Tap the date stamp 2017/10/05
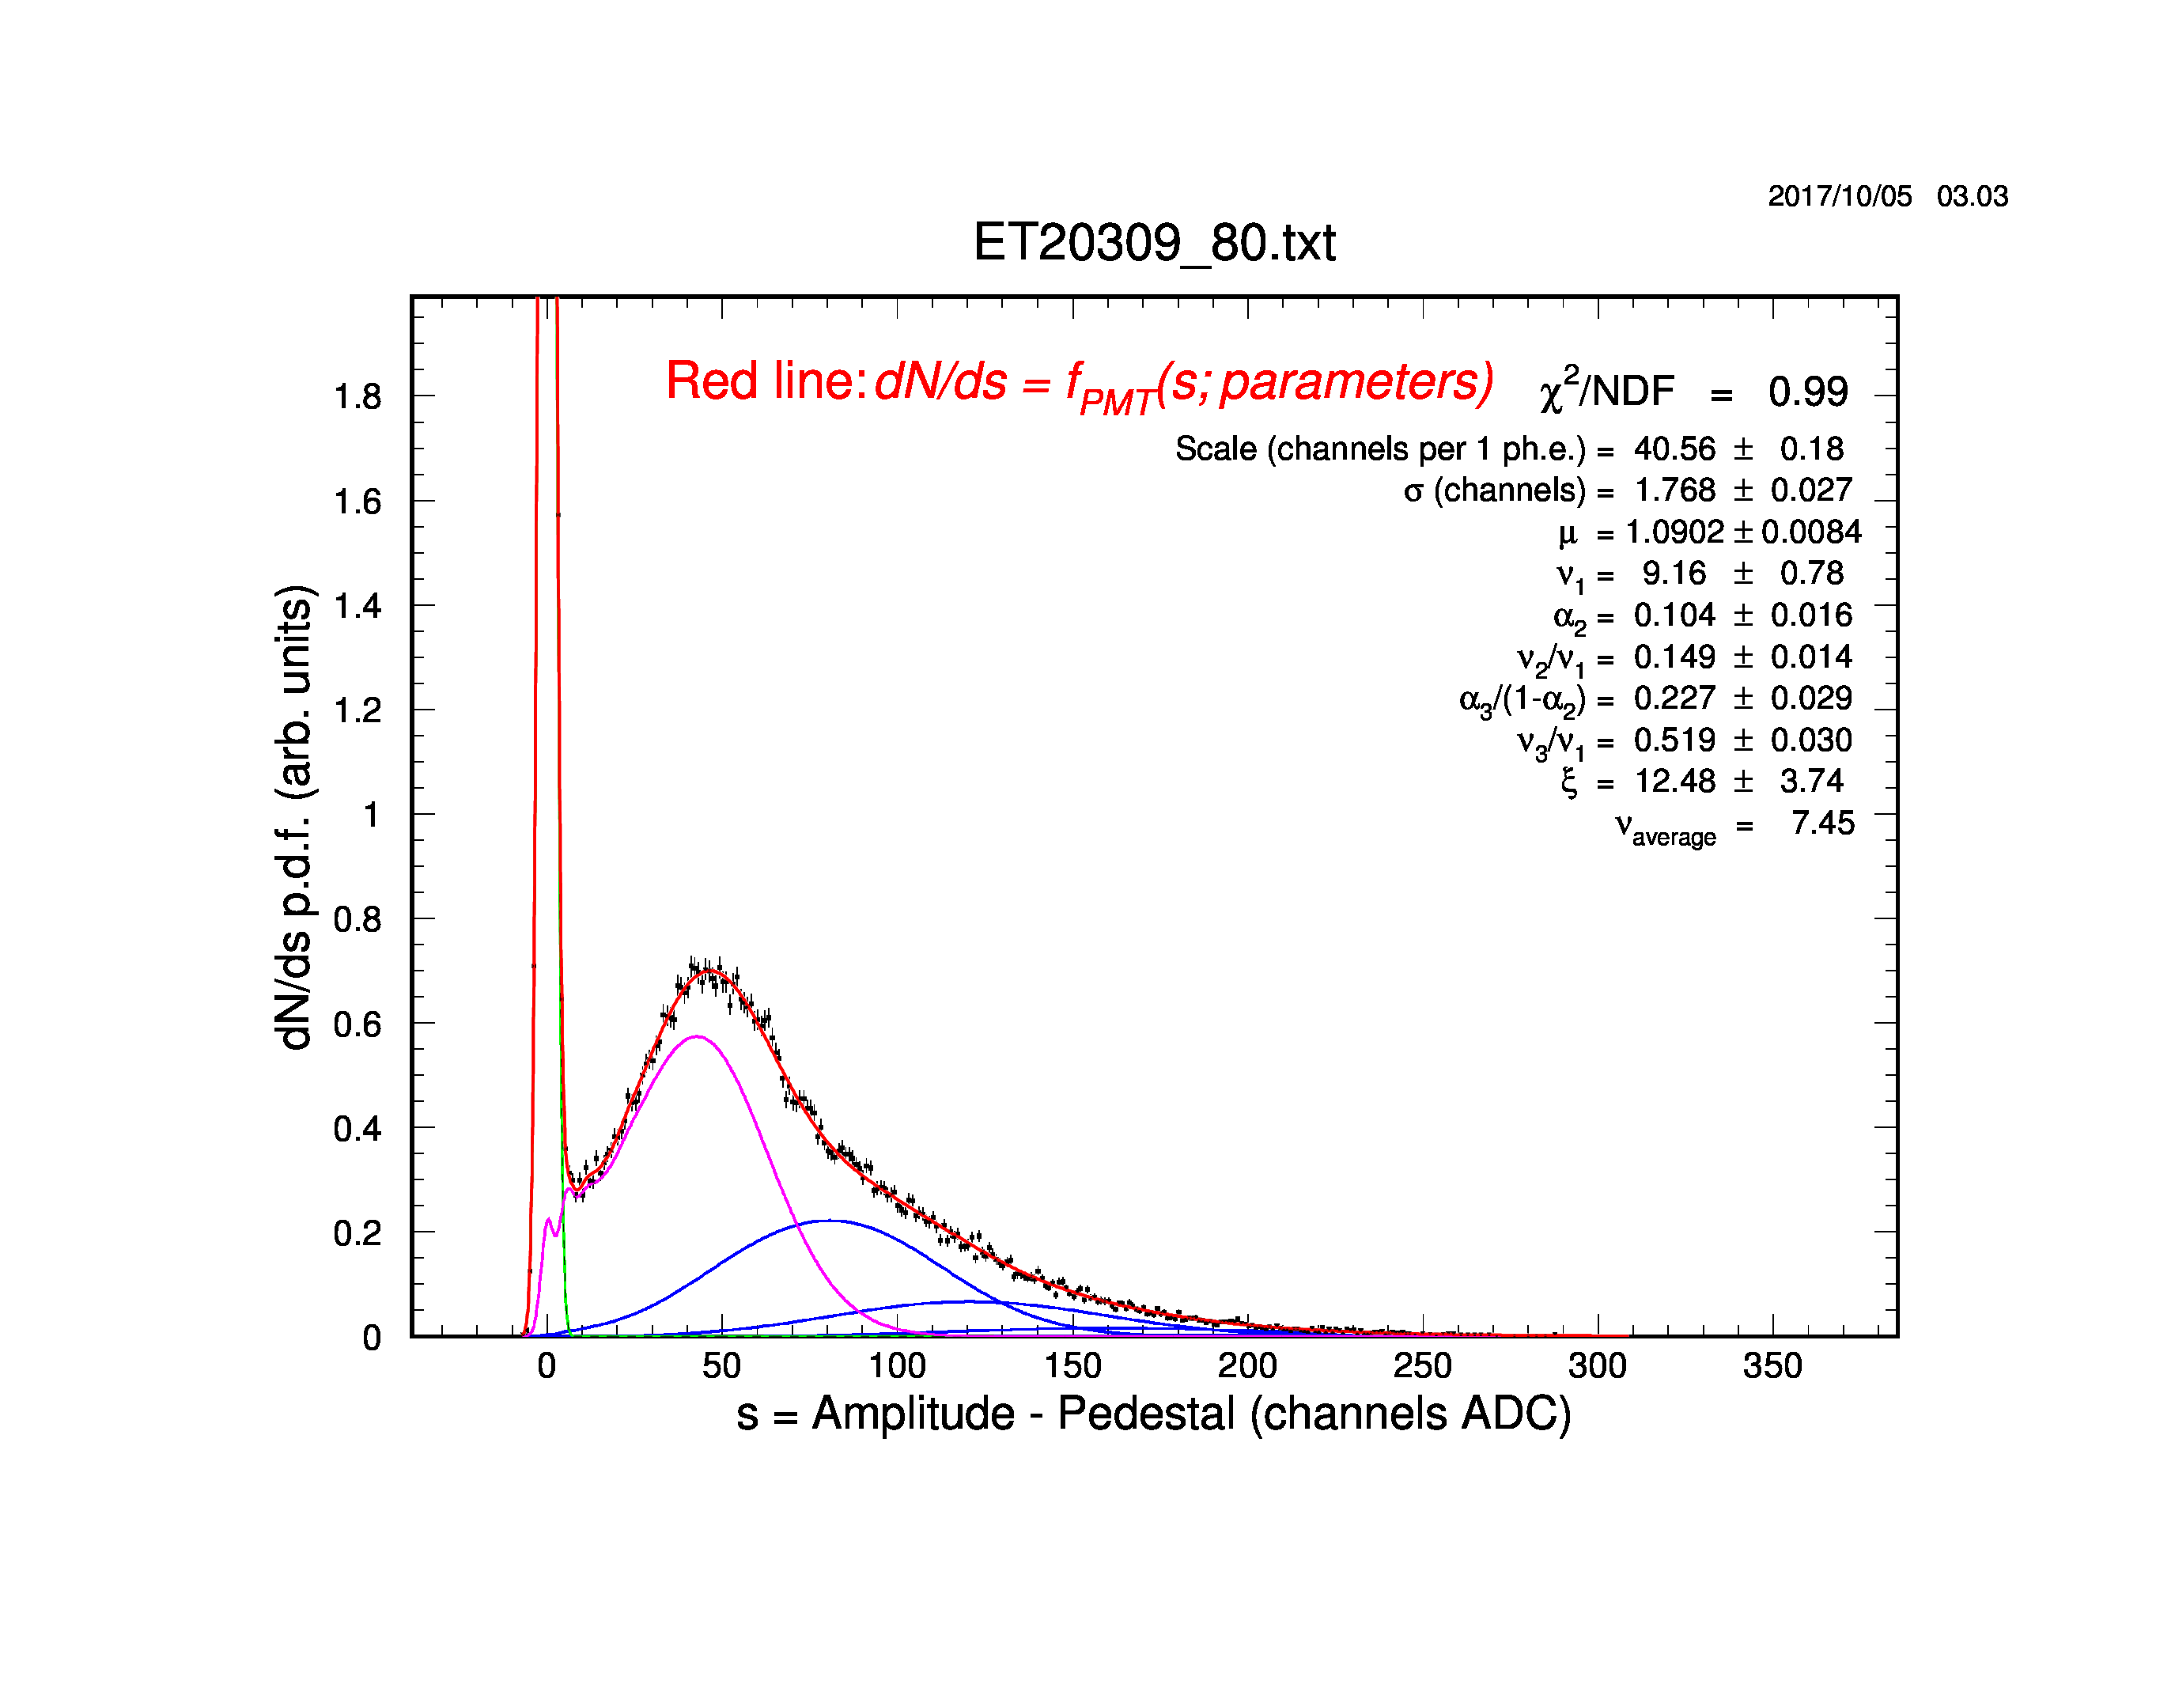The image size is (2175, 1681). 1840,196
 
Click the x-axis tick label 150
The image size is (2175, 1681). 1072,1365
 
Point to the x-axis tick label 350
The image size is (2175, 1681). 1772,1365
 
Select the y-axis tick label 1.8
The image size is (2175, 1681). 357,397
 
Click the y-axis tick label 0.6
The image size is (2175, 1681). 357,1024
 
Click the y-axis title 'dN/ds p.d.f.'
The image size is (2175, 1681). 295,818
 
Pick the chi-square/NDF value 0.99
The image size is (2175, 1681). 1807,392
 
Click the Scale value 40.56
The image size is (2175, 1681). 1674,449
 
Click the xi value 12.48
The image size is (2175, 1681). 1675,781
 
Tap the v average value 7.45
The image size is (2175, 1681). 1822,823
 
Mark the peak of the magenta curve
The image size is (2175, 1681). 697,1037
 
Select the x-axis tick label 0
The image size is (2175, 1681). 546,1365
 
